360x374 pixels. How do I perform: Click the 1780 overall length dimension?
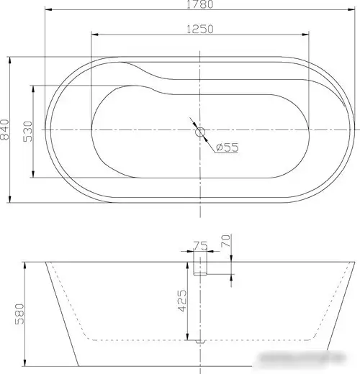tap(201, 6)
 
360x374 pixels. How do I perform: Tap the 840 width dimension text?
tap(6, 129)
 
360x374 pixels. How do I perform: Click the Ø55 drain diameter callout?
tap(227, 147)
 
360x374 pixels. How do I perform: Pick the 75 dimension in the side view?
tap(200, 247)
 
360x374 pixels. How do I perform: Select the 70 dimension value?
tap(225, 240)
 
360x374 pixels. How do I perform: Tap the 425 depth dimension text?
tap(183, 301)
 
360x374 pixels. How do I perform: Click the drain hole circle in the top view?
tap(201, 132)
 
